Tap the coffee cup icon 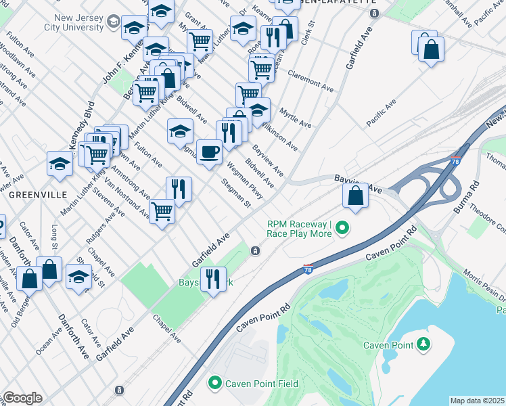(x=209, y=152)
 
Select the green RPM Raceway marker (x=342, y=229)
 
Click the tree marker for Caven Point (x=423, y=345)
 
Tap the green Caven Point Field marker (x=215, y=383)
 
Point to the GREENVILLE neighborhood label (x=38, y=194)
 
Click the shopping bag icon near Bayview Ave (x=355, y=196)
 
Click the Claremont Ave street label (x=310, y=81)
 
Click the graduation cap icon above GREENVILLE (x=60, y=164)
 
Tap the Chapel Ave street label (x=166, y=328)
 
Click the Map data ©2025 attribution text (x=478, y=401)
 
